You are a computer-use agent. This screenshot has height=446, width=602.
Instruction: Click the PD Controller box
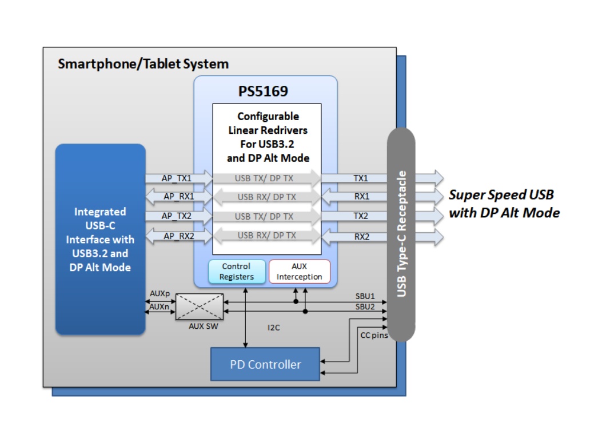(265, 364)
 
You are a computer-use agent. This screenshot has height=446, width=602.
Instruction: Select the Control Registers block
(237, 272)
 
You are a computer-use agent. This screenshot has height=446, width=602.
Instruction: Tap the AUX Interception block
(300, 272)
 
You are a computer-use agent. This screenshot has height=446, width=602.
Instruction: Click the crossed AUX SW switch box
(200, 306)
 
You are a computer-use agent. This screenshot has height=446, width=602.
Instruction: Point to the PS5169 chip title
(263, 91)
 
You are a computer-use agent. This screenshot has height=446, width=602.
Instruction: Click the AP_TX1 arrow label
(176, 178)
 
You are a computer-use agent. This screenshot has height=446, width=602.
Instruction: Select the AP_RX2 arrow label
(179, 236)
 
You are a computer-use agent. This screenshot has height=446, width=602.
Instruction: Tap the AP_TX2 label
(176, 216)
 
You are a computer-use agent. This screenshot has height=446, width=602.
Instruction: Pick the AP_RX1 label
(179, 196)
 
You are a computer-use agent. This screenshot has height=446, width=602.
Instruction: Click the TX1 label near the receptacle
(361, 178)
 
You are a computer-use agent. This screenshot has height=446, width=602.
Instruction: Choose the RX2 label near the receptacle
(362, 237)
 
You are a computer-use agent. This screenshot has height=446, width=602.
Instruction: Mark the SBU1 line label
(365, 296)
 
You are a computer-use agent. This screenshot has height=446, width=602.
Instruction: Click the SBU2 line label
(365, 306)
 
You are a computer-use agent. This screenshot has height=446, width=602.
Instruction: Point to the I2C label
(274, 328)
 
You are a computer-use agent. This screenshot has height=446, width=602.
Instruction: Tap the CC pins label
(374, 336)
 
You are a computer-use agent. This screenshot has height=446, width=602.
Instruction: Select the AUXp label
(160, 293)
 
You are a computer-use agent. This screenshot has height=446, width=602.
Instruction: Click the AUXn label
(160, 306)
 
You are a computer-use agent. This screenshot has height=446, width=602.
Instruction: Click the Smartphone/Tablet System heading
(143, 64)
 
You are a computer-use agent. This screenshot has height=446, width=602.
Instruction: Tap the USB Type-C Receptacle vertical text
(401, 234)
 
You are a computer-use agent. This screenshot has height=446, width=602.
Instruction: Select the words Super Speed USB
(501, 195)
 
